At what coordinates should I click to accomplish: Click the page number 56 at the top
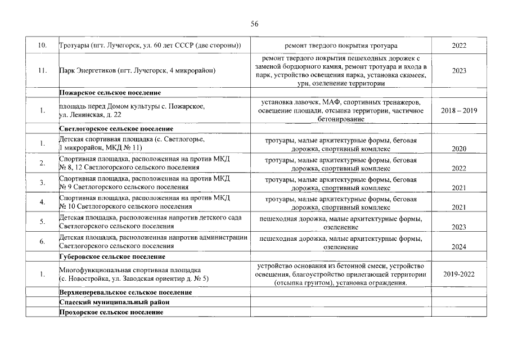(x=254, y=24)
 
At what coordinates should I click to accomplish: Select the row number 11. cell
(x=42, y=71)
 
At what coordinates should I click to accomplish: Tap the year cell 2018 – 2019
(x=458, y=111)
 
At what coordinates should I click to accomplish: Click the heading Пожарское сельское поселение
(x=110, y=92)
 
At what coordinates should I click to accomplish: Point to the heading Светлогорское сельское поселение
(x=116, y=129)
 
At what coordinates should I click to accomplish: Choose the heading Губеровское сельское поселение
(x=112, y=257)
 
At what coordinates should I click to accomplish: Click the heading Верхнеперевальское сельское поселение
(x=125, y=293)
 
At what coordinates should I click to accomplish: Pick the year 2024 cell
(x=458, y=246)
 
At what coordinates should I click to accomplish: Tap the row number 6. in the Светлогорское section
(x=42, y=241)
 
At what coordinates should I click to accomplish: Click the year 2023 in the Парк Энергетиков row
(x=458, y=71)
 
